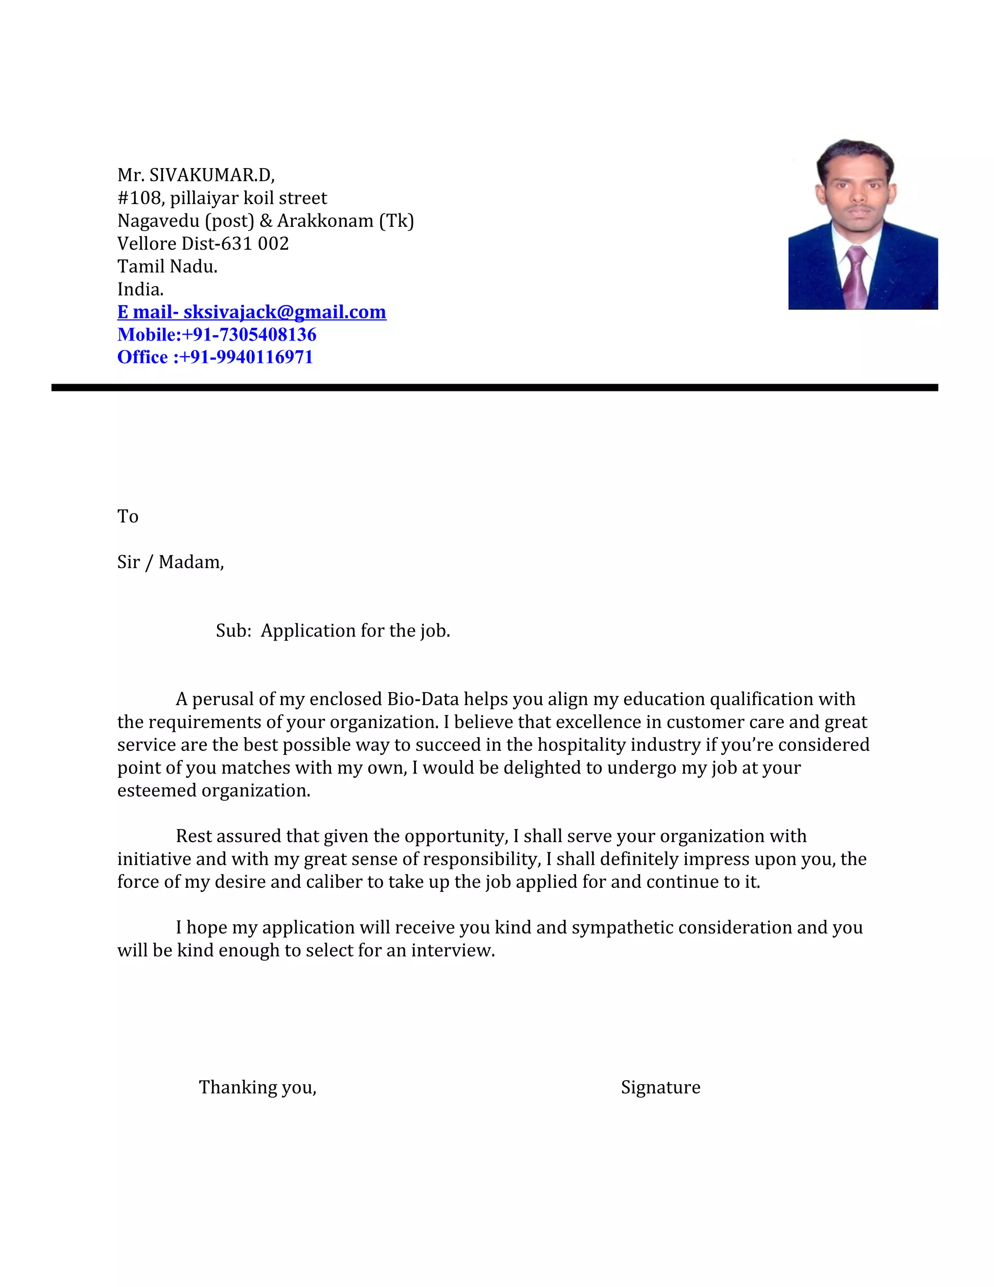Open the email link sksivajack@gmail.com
pos(284,312)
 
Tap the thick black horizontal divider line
pos(495,388)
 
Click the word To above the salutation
pos(128,517)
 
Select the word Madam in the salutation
pos(190,562)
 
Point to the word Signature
pos(660,1087)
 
